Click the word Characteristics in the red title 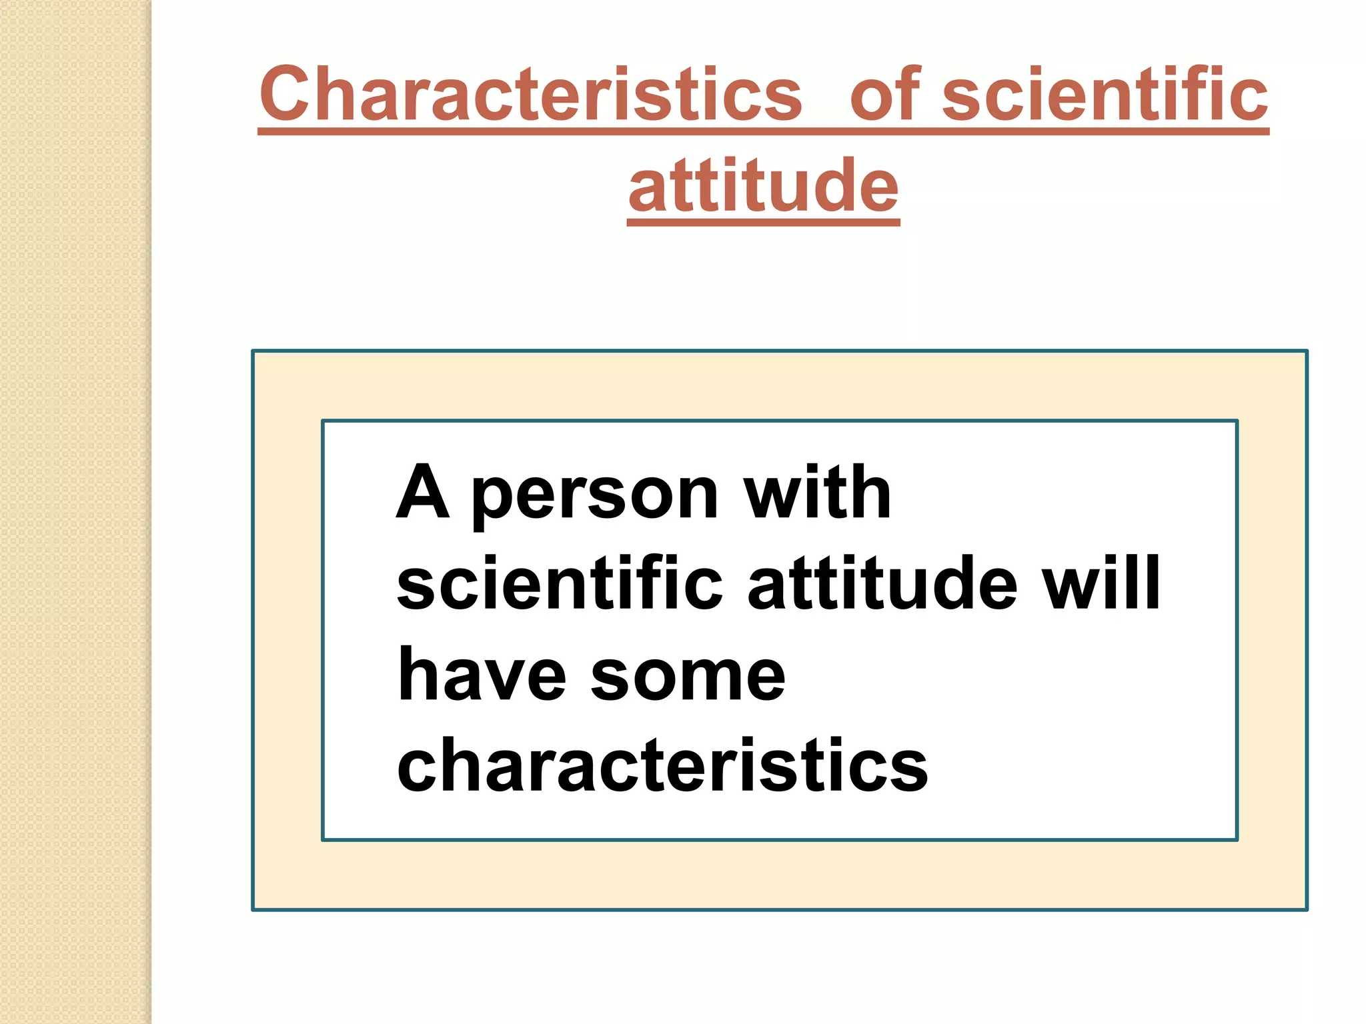click(530, 95)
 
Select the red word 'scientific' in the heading click(1104, 95)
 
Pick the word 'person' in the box click(595, 497)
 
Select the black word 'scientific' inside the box click(560, 583)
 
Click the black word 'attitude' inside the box click(882, 583)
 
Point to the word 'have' click(482, 675)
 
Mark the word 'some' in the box click(688, 677)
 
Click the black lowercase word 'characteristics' click(662, 765)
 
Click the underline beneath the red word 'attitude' click(764, 222)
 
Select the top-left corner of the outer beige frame click(253, 351)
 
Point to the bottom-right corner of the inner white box click(1237, 839)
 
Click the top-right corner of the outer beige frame click(1307, 351)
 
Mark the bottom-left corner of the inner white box click(323, 839)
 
